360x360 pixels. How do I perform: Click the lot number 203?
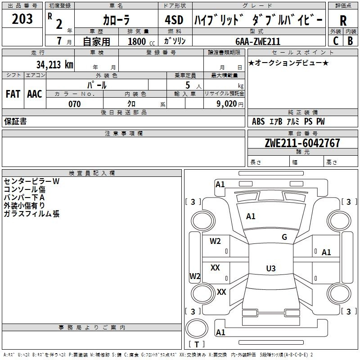[22, 19]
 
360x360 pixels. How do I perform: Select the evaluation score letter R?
[343, 21]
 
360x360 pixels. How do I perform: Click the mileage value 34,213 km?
[54, 64]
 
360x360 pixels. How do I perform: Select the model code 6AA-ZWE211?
[258, 41]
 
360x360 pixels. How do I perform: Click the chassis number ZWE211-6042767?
[302, 143]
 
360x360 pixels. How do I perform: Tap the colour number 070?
[74, 104]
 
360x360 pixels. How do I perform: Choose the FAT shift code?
[13, 94]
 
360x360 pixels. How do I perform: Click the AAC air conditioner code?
[34, 94]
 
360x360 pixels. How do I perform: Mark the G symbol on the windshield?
[284, 237]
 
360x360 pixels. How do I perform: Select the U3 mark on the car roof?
[270, 269]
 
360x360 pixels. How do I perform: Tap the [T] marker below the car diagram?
[197, 345]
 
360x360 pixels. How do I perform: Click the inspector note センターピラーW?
[31, 181]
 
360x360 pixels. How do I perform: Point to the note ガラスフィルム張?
[31, 214]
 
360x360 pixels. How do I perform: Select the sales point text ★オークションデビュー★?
[288, 63]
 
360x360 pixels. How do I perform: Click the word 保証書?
[15, 121]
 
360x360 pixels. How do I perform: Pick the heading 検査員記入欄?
[92, 173]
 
